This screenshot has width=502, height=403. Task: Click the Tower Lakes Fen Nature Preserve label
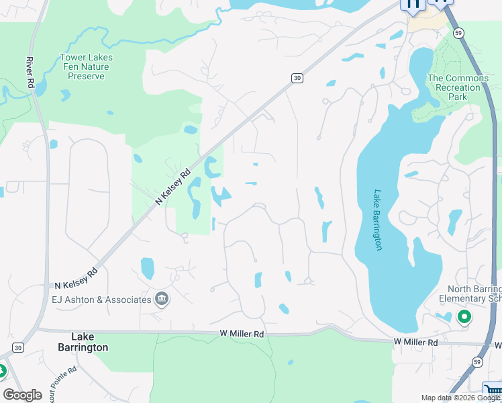pyautogui.click(x=87, y=66)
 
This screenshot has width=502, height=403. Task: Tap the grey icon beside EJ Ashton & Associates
pyautogui.click(x=161, y=299)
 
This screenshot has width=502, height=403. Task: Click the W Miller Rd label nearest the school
pyautogui.click(x=415, y=343)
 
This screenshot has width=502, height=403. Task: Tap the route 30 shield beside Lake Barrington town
pyautogui.click(x=17, y=347)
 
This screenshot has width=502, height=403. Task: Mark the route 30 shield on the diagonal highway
pyautogui.click(x=297, y=79)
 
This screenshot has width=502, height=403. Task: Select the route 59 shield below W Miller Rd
pyautogui.click(x=476, y=362)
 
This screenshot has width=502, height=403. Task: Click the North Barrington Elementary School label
pyautogui.click(x=470, y=294)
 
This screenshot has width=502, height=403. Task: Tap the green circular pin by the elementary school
pyautogui.click(x=463, y=316)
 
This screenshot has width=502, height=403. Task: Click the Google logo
pyautogui.click(x=23, y=395)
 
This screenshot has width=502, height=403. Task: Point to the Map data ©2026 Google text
pyautogui.click(x=460, y=398)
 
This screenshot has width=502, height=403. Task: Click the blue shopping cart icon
pyautogui.click(x=493, y=390)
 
